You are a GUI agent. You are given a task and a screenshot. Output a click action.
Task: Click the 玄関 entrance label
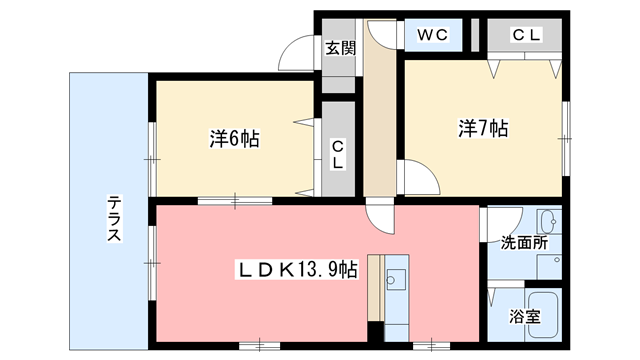[x=341, y=46]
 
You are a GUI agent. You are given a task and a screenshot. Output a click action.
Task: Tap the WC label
[x=433, y=35]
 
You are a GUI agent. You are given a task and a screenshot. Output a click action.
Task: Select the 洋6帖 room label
[x=235, y=139]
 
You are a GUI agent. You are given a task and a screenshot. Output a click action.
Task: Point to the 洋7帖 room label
[x=484, y=128]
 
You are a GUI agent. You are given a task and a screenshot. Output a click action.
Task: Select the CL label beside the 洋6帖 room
[x=339, y=151]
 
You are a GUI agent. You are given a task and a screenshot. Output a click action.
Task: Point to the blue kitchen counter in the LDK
[x=398, y=296]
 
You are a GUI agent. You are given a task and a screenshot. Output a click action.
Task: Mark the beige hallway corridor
[x=379, y=120]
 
